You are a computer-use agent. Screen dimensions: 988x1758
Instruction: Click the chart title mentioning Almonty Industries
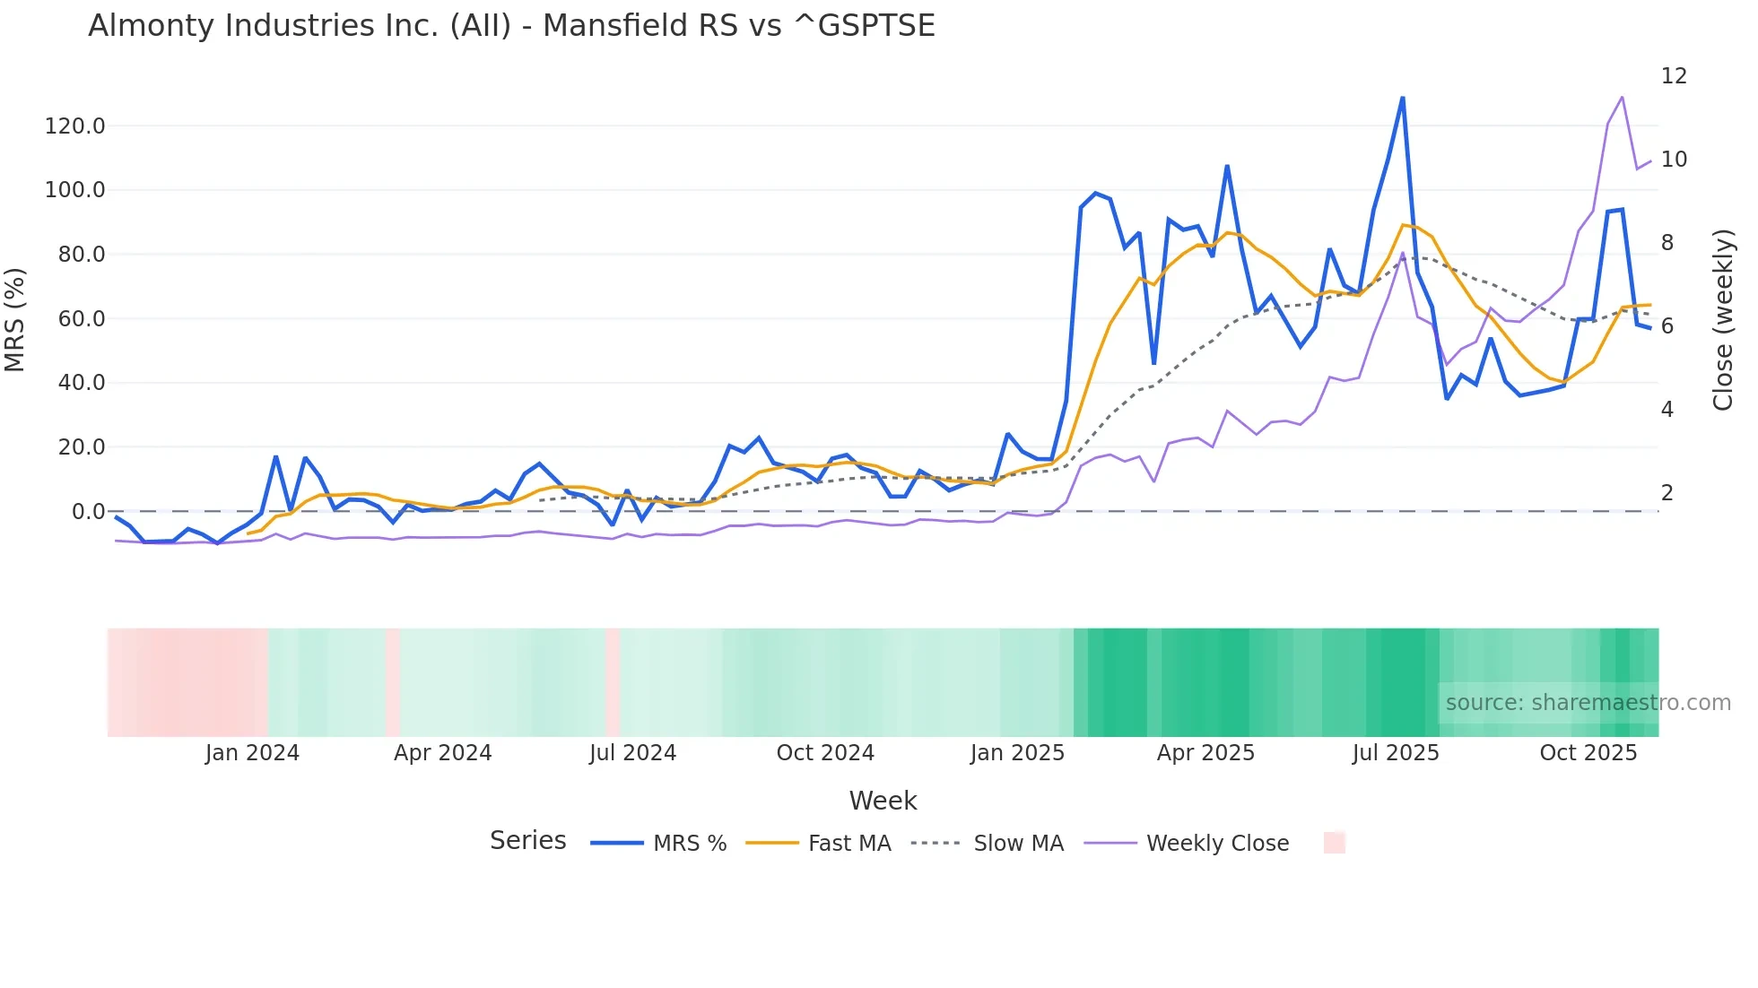[x=511, y=26]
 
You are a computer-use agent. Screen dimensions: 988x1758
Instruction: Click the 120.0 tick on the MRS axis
[x=75, y=126]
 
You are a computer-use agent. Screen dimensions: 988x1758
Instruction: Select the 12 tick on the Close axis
[x=1674, y=76]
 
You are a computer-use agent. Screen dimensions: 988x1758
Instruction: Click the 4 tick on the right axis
[x=1667, y=410]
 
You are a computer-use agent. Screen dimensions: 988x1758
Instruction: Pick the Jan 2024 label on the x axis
[x=252, y=753]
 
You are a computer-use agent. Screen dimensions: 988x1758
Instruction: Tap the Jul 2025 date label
[x=1396, y=753]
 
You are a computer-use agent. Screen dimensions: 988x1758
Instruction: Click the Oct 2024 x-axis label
[x=825, y=753]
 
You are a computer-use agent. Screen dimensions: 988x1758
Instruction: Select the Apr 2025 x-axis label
[x=1205, y=753]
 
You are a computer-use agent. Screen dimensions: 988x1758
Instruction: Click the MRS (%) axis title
[x=15, y=319]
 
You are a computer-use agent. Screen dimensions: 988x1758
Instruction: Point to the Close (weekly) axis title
[x=1723, y=319]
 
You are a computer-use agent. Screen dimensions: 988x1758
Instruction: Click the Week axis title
[x=883, y=801]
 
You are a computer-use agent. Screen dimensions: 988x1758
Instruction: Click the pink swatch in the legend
[x=1335, y=844]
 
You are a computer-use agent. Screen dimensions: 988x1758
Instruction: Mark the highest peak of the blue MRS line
[x=1403, y=98]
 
